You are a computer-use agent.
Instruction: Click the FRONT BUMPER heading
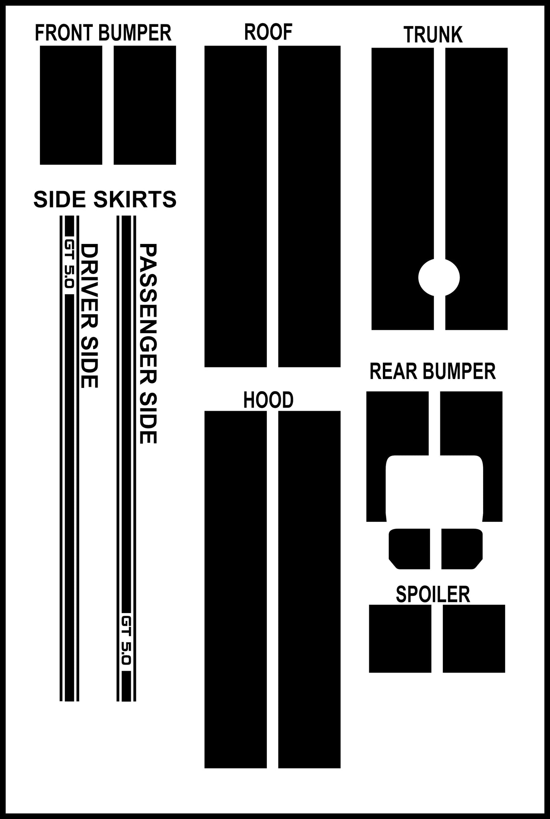point(103,33)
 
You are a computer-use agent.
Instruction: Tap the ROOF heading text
point(268,32)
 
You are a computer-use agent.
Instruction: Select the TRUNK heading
point(433,35)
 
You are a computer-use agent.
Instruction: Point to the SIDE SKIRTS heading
point(105,199)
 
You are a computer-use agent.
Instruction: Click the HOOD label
point(268,400)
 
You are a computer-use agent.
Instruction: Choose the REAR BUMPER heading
point(433,372)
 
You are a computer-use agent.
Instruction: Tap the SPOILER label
point(433,594)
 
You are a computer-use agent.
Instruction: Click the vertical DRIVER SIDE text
point(89,316)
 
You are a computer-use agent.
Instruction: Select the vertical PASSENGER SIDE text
point(147,344)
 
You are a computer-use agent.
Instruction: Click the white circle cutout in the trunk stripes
point(439,278)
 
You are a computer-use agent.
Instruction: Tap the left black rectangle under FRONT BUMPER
point(71,105)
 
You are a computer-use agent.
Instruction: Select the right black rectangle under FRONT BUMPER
point(145,105)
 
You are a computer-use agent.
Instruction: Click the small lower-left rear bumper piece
point(410,549)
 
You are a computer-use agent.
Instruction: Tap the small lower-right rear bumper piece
point(462,549)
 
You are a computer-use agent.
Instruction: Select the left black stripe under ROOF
point(236,206)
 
